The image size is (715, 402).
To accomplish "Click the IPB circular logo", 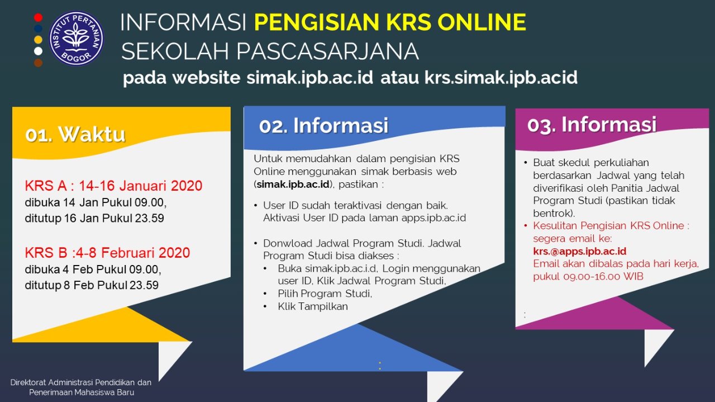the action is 77,39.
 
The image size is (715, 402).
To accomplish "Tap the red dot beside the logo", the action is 39,17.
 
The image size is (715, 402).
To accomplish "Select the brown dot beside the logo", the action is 39,63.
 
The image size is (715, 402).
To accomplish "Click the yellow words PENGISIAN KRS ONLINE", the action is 390,22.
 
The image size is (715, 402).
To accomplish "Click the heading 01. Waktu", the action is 75,134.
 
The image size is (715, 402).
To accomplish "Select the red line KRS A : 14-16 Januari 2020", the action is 113,186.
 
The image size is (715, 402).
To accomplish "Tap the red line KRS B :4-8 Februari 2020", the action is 108,253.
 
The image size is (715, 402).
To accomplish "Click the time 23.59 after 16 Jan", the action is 149,218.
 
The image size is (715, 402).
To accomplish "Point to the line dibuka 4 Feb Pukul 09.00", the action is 93,269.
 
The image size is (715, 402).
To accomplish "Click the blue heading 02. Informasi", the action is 323,125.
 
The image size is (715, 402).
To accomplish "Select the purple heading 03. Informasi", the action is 592,125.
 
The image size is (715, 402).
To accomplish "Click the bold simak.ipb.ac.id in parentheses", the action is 293,185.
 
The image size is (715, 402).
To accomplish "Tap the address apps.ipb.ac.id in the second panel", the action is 434,218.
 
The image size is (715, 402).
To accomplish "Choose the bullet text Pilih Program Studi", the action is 325,294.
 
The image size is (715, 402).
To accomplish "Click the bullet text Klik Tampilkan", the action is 313,306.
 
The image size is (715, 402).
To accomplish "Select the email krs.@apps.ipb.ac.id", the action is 580,252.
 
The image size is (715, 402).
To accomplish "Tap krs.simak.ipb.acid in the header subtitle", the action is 501,78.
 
